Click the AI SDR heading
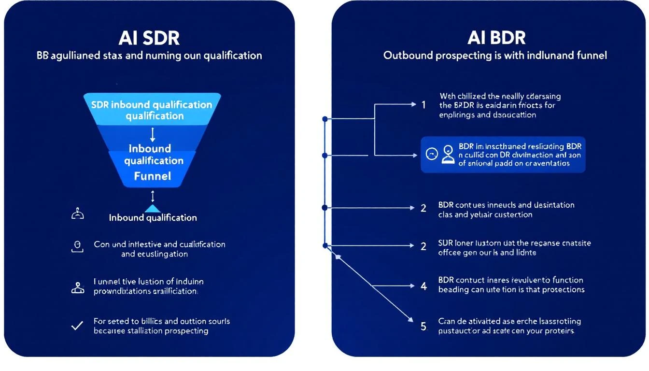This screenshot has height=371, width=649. coord(149,37)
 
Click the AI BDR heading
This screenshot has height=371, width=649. coord(496,37)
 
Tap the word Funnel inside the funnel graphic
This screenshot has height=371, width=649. coord(153,176)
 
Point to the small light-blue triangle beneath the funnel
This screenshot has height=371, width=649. coord(153,208)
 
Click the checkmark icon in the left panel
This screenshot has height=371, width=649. coord(77,326)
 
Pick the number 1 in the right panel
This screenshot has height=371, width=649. coord(423,104)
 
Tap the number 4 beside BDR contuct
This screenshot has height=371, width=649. coord(423,286)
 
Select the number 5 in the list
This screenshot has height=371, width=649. coord(423,327)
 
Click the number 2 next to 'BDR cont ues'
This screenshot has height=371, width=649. coord(423,208)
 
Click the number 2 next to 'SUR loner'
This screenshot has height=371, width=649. coord(423,246)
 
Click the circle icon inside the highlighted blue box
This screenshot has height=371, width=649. coord(432,154)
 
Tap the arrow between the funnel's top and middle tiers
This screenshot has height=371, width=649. coord(153,134)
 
